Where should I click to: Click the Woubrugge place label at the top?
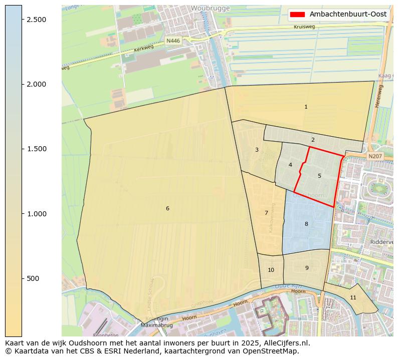pos(210,9)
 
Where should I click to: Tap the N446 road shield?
pos(173,41)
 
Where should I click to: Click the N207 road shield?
pos(374,157)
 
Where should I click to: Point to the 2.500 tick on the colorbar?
pos(36,19)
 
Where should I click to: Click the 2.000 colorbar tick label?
pos(36,84)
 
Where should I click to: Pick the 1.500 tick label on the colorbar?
pos(36,149)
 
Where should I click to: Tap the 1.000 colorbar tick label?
pos(36,214)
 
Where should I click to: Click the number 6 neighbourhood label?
pos(167,208)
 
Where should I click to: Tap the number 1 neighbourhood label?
pos(306,107)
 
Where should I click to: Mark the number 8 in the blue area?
pos(306,224)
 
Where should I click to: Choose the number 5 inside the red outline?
pos(319,176)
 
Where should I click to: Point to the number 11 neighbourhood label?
pos(353,297)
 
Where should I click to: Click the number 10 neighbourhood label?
pos(271,270)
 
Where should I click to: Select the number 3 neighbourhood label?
pos(257,150)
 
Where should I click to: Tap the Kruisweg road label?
pos(304,27)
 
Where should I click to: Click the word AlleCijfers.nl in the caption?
pos(286,343)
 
